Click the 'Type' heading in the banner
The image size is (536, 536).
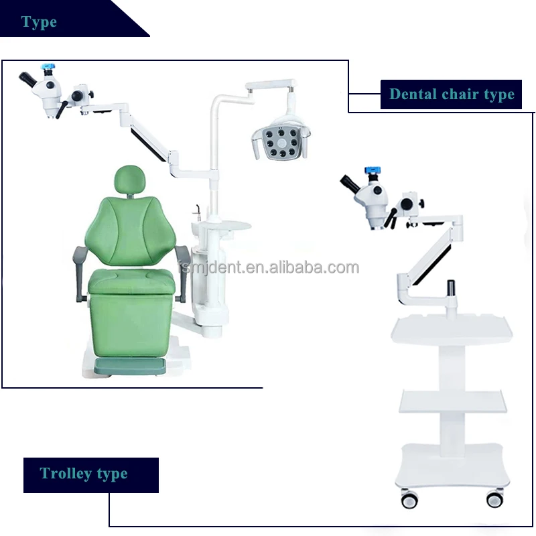[x=39, y=22]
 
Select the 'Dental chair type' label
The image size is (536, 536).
[x=452, y=94]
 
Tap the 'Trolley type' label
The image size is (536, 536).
[x=84, y=474]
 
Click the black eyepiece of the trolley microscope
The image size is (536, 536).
[x=351, y=182]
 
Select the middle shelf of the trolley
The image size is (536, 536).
[x=453, y=401]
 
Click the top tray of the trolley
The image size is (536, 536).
[x=453, y=328]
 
